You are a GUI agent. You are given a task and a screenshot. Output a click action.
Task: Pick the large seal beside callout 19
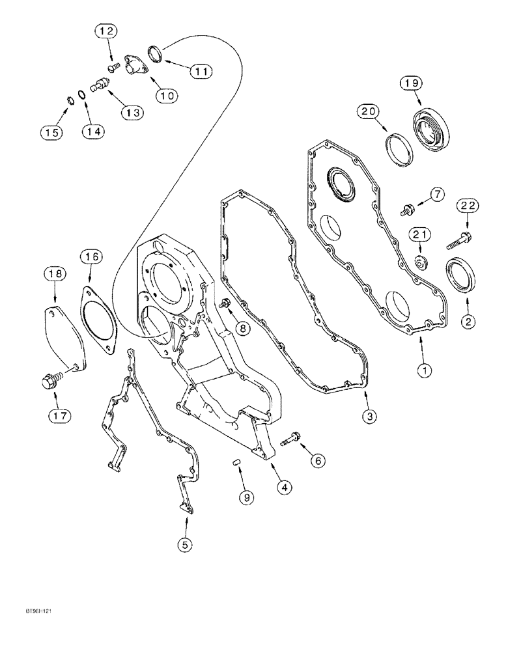pos(429,133)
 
